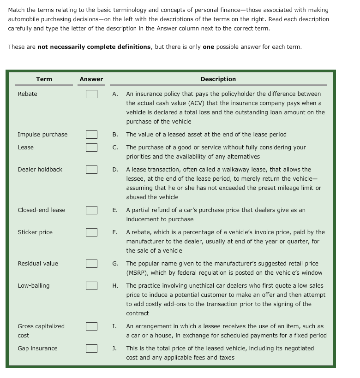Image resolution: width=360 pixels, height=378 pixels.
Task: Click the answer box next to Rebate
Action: tap(91, 94)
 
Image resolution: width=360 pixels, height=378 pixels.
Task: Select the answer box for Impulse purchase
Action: tap(91, 135)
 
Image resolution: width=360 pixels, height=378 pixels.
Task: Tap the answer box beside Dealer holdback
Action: tap(91, 170)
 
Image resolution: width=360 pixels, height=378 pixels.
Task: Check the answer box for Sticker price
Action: tap(91, 232)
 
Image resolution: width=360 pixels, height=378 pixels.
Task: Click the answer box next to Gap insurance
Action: tap(91, 348)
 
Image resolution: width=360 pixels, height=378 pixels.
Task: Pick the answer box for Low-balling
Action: tap(91, 286)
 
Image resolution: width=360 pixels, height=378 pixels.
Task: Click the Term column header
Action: tap(44, 79)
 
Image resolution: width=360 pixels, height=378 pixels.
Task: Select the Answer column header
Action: tap(91, 79)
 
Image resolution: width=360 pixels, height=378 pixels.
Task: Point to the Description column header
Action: tap(218, 79)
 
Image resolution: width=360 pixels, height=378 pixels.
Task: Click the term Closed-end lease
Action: tap(42, 210)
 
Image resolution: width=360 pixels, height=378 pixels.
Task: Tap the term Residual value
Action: tap(38, 264)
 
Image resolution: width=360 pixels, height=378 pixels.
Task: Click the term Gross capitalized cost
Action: tap(41, 331)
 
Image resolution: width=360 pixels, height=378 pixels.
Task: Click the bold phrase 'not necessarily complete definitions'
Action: tap(94, 47)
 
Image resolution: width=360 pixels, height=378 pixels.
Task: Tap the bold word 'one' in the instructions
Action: tap(209, 47)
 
